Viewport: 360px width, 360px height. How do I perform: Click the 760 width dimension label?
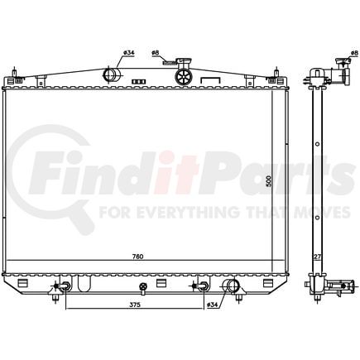click(x=138, y=257)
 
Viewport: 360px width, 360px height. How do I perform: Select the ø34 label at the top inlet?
click(x=128, y=54)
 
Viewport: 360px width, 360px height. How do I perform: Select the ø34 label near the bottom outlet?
click(x=213, y=304)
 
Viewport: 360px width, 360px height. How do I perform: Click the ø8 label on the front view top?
click(x=156, y=54)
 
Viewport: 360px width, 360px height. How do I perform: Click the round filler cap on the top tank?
click(x=184, y=76)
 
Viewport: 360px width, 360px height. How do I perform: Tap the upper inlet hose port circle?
click(x=110, y=74)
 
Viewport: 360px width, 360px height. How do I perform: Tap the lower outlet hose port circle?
click(x=233, y=287)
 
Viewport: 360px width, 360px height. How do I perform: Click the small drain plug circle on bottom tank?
click(x=144, y=288)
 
